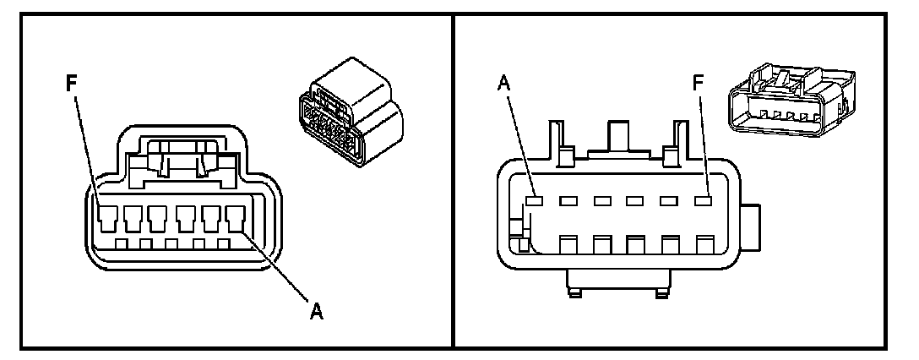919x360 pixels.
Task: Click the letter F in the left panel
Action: (x=71, y=84)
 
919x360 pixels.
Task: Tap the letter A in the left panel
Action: (x=317, y=311)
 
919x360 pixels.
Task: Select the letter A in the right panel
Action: (x=504, y=84)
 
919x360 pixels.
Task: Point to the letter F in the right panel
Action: (x=698, y=84)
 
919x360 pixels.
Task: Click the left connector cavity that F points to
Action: (x=107, y=218)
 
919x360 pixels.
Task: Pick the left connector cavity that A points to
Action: (x=237, y=218)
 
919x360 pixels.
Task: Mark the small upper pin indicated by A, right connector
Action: (x=534, y=200)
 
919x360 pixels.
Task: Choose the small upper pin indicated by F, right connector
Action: (x=703, y=200)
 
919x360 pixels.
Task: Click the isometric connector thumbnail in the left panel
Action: (x=351, y=112)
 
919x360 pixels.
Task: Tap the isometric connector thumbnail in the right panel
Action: (x=791, y=100)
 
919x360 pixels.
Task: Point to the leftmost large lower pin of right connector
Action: (x=568, y=244)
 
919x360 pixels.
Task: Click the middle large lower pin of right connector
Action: (x=637, y=244)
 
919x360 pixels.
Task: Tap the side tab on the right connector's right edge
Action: (x=750, y=227)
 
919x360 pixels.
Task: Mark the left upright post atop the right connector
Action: (x=559, y=141)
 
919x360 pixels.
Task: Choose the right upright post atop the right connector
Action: (x=677, y=141)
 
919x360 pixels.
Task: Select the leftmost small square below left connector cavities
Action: (x=122, y=243)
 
